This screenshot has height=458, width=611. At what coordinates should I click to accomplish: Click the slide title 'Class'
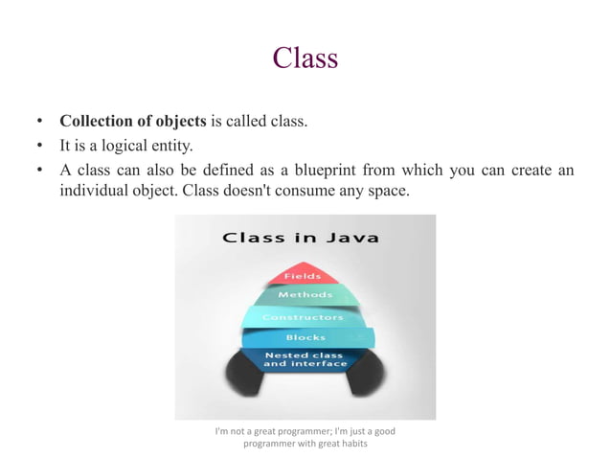(x=305, y=58)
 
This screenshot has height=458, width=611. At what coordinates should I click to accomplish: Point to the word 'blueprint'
(x=352, y=170)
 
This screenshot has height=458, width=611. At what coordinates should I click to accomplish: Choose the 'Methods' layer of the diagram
(x=305, y=295)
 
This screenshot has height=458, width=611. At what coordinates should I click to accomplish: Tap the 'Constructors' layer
(x=303, y=316)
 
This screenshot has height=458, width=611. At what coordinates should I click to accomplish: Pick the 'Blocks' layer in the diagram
(x=305, y=337)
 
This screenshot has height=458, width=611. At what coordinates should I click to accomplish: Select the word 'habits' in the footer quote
(x=351, y=443)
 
